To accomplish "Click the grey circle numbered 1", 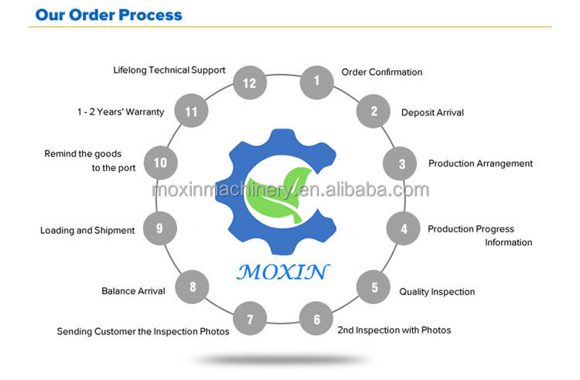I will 316,79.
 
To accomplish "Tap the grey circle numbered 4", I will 403,229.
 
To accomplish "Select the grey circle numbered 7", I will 250,319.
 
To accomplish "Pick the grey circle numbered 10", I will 160,163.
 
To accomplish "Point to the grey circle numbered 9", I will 160,228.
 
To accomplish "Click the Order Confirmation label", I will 381,72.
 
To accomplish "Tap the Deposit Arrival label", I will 432,112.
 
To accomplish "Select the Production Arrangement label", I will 480,163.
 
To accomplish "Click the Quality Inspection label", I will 437,292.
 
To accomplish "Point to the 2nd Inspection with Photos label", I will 394,330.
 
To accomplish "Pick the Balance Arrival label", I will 133,291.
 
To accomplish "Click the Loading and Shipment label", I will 87,230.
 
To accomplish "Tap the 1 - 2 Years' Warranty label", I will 121,111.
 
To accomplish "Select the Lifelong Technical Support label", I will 169,70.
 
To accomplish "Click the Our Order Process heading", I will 109,15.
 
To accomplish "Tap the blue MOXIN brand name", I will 282,272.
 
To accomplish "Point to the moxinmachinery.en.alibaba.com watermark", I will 290,190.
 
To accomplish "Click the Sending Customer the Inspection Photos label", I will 143,331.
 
